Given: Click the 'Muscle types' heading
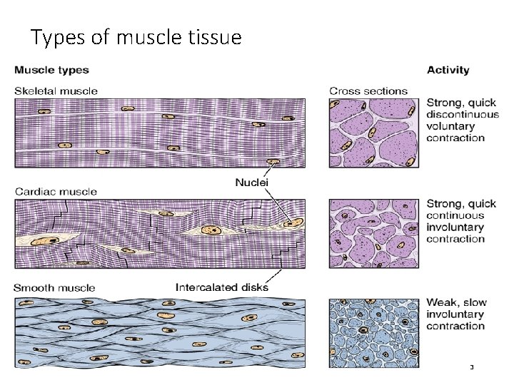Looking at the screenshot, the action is [x=51, y=70].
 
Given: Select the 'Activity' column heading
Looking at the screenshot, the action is [x=448, y=70].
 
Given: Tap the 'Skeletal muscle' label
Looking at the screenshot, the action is [x=56, y=91].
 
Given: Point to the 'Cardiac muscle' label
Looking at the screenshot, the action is [x=55, y=191].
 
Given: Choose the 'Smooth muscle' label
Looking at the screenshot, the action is [x=54, y=288].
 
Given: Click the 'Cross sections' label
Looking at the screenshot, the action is [x=368, y=91].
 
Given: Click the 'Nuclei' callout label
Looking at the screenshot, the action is [x=252, y=183].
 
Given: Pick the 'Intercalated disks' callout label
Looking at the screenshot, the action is [x=221, y=288].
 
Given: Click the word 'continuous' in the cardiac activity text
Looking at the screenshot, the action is [x=455, y=215].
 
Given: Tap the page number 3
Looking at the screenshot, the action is [x=471, y=367].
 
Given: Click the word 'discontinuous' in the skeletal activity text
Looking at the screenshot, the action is [x=463, y=115].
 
